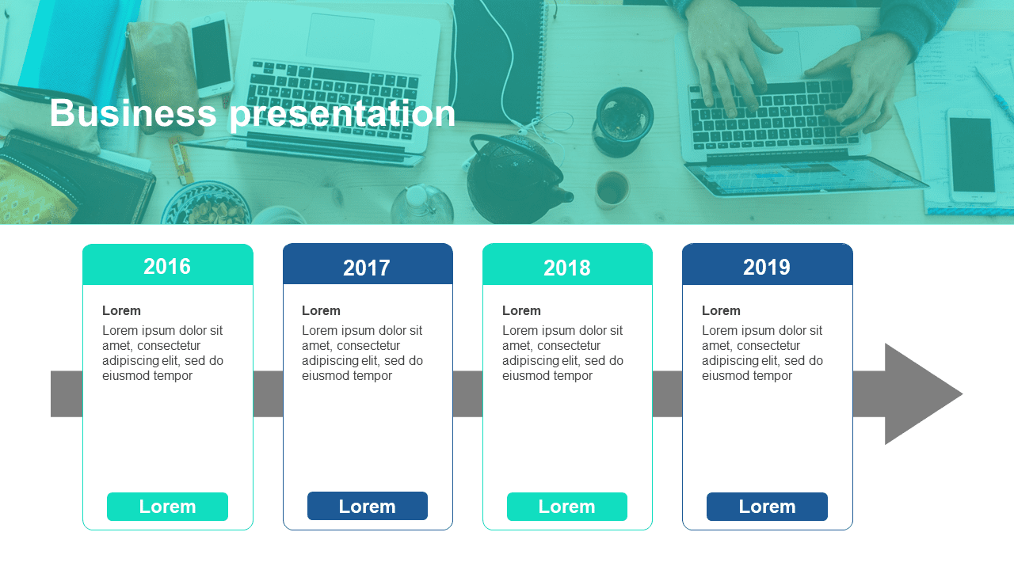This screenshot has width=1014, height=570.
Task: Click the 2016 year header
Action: (x=167, y=264)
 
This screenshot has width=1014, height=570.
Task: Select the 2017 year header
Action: (x=368, y=264)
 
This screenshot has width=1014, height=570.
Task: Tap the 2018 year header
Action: (x=567, y=264)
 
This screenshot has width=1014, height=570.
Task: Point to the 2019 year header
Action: (x=768, y=264)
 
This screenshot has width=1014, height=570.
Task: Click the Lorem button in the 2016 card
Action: (x=167, y=507)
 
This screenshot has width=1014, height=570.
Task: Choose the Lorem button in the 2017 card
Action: (x=368, y=506)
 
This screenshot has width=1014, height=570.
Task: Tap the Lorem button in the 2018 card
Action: (x=567, y=507)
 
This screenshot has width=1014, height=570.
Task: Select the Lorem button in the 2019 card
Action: (x=768, y=507)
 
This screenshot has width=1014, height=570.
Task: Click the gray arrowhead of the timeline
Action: (x=919, y=394)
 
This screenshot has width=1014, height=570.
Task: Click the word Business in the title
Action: (x=133, y=113)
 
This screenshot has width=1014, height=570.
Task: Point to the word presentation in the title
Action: (x=342, y=115)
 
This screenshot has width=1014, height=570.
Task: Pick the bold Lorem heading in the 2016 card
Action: (x=121, y=311)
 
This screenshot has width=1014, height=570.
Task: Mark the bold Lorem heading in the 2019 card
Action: (x=721, y=311)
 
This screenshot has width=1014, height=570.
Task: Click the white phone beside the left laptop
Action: (x=211, y=55)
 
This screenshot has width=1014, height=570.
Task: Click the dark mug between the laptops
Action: (x=623, y=121)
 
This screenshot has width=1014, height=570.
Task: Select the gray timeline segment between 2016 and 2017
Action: (x=268, y=394)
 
